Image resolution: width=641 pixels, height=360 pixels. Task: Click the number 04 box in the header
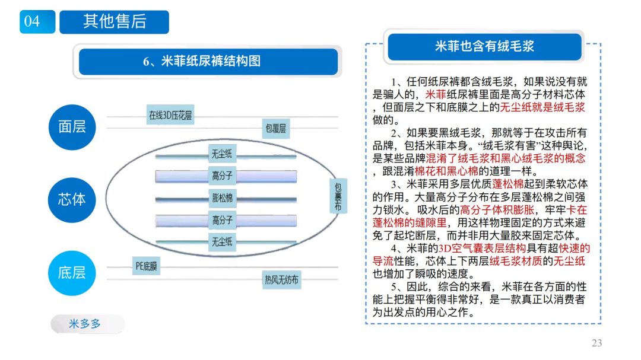pos(32,22)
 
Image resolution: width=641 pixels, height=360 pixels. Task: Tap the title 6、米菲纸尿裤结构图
pos(202,60)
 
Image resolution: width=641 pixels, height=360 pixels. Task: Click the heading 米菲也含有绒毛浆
pos(485,47)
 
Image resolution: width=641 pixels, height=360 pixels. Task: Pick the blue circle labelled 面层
pos(72,126)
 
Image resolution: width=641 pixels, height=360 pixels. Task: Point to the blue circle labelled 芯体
pos(72,199)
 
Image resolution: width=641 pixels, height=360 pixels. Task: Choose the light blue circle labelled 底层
pos(72,272)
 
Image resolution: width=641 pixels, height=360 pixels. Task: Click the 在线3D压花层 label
pos(170,116)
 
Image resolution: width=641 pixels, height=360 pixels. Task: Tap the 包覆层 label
pos(276,128)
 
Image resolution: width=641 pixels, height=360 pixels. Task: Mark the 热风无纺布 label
pos(281,279)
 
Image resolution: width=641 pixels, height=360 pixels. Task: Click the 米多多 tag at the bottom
pos(85,324)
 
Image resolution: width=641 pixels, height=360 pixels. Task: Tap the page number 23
pos(596,343)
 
